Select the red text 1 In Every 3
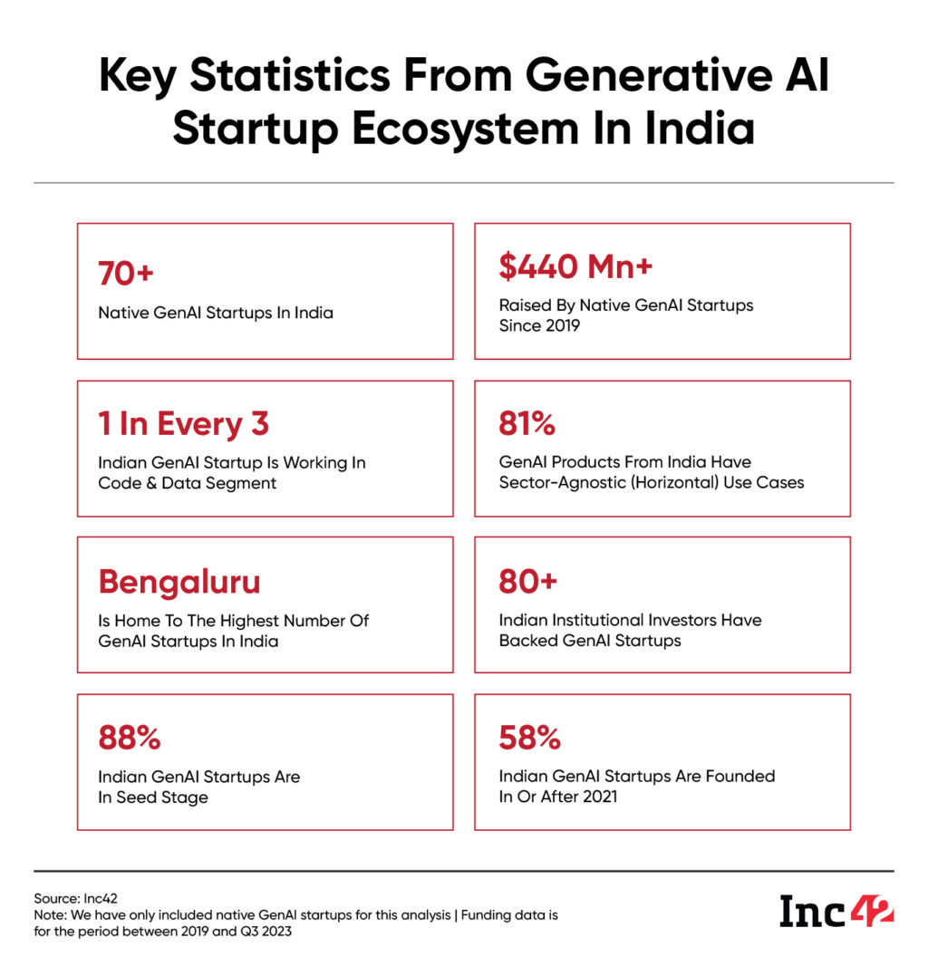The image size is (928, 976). [x=184, y=423]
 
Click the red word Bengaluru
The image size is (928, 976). [x=179, y=582]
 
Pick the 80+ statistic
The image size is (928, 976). [x=527, y=581]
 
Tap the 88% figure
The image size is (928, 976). [x=130, y=738]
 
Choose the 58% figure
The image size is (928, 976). [x=529, y=738]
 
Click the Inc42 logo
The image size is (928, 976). [x=836, y=911]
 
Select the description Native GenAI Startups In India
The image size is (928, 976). [x=216, y=313]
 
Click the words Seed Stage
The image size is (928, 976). [x=163, y=797]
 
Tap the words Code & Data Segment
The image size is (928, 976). [x=188, y=483]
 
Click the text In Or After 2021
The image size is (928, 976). [x=558, y=797]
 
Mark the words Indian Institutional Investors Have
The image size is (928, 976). [x=630, y=620]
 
